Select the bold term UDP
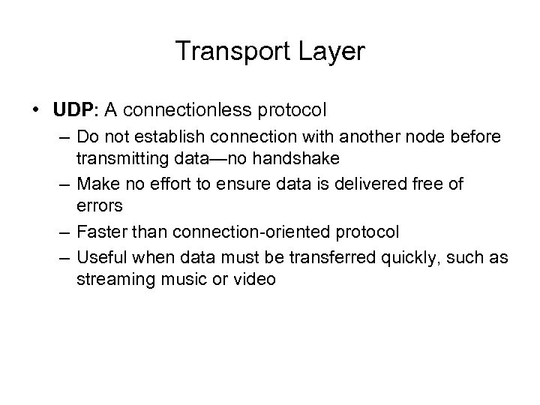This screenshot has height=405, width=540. tap(72, 111)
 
